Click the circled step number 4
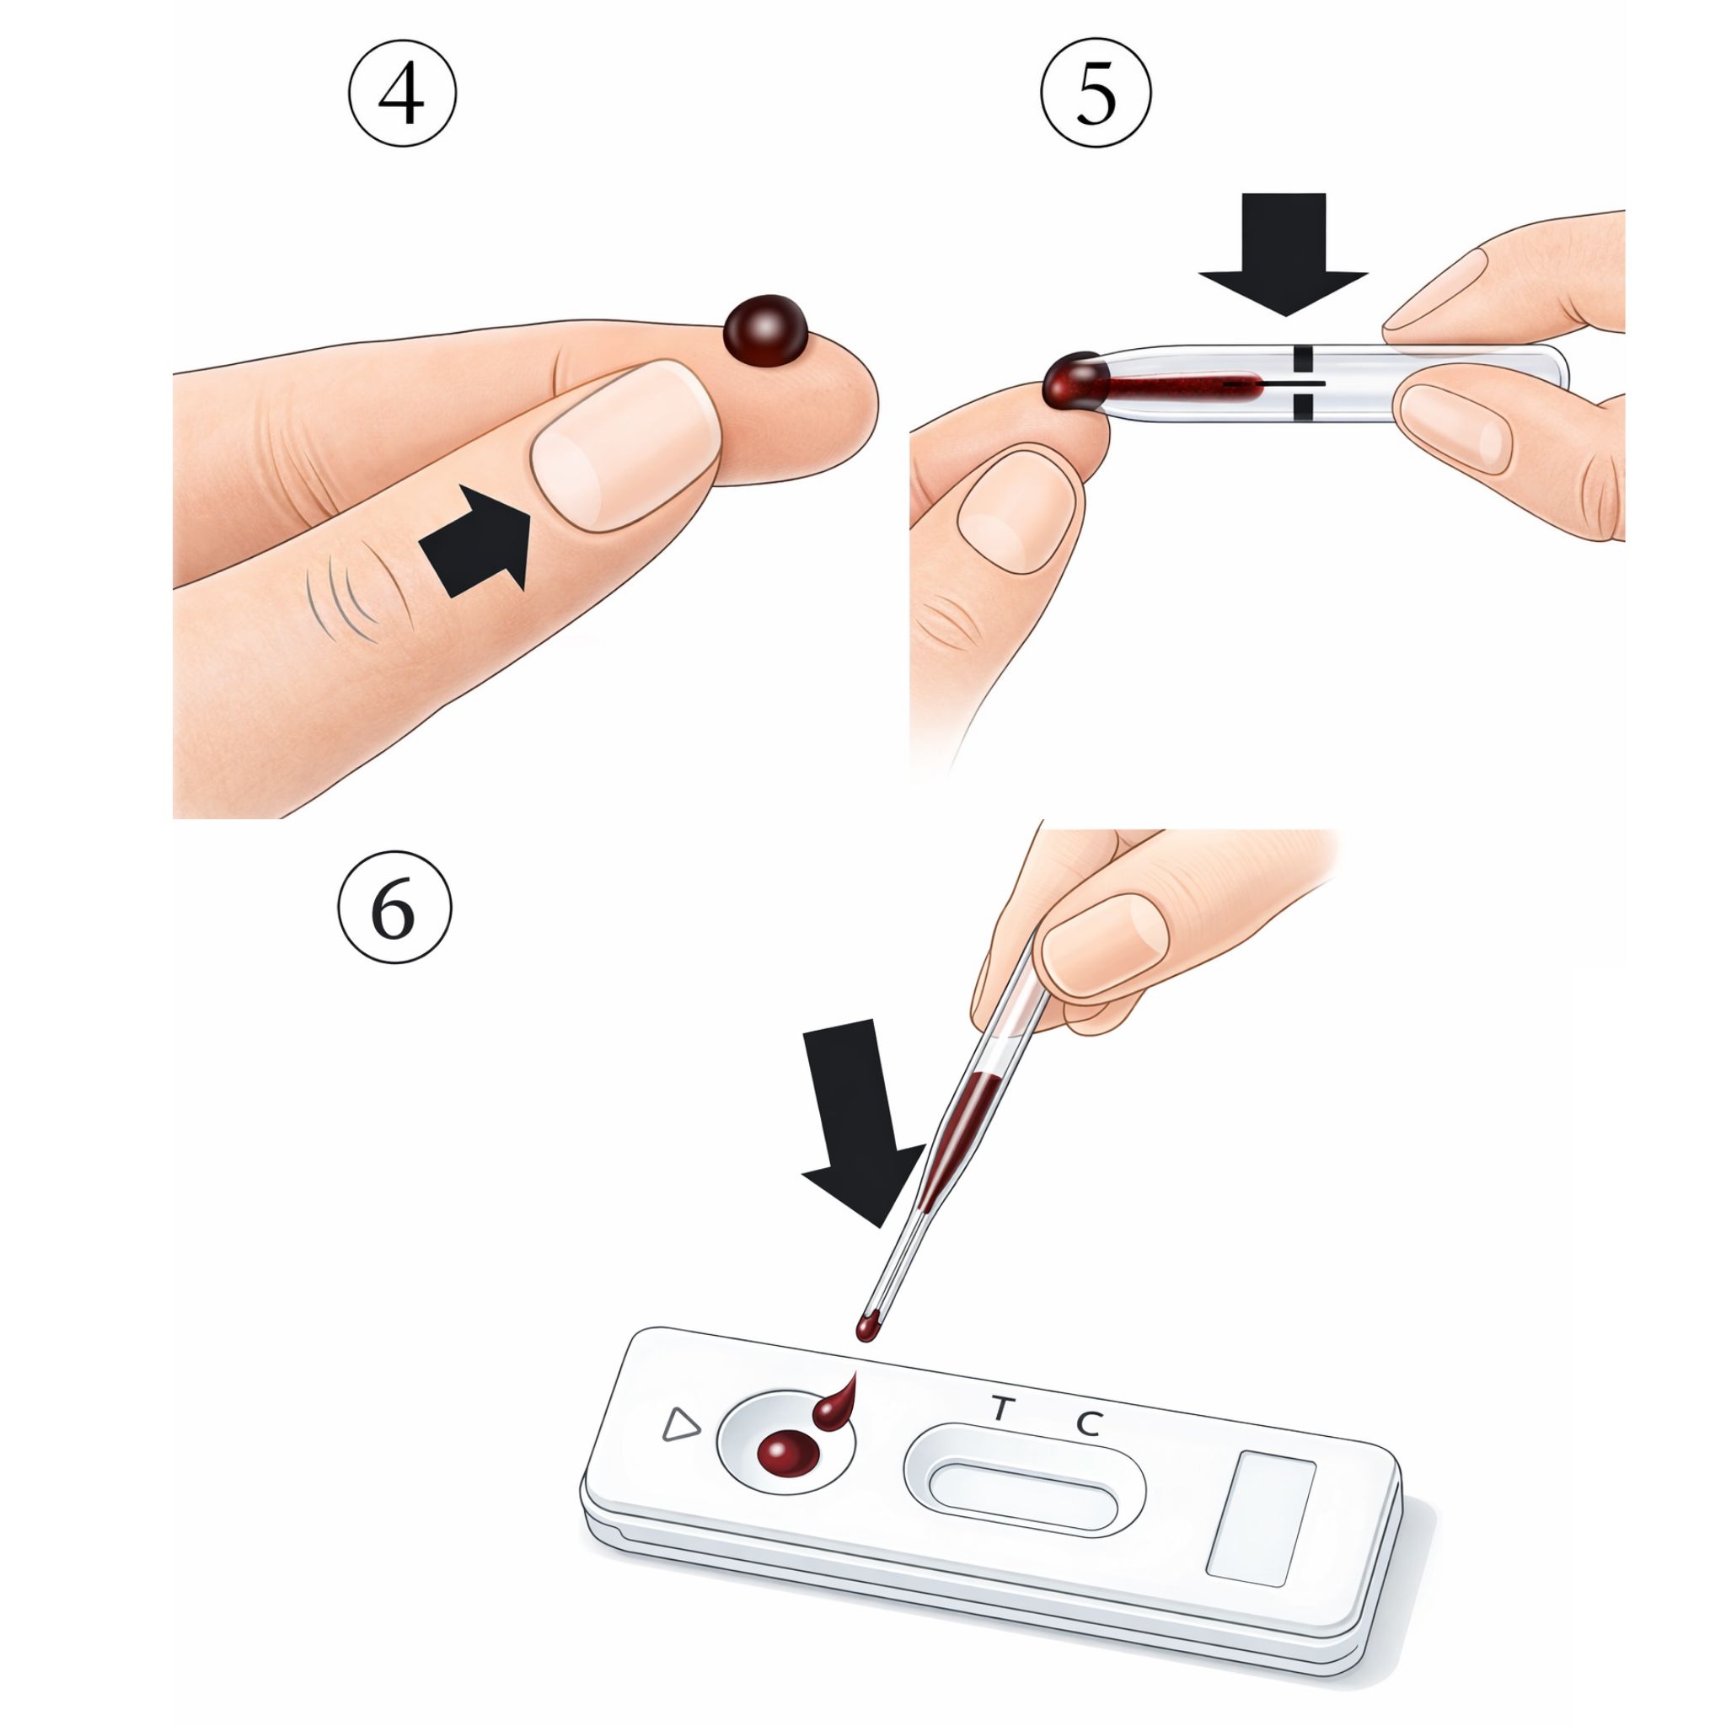(x=402, y=93)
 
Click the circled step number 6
(x=394, y=907)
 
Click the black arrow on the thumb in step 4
(x=475, y=541)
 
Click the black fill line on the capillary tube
(x=1303, y=383)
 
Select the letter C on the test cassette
(x=1088, y=1423)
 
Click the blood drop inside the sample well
(x=787, y=1453)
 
